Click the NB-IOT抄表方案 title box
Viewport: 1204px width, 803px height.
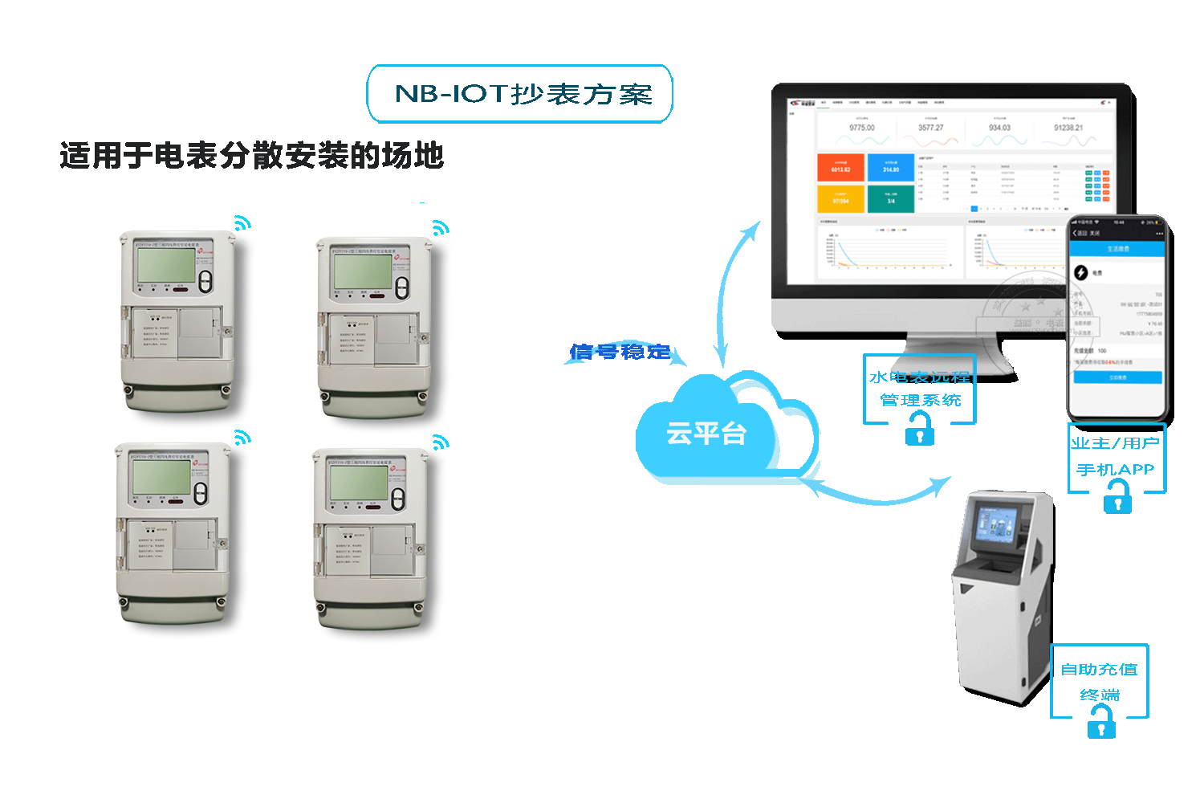coord(520,94)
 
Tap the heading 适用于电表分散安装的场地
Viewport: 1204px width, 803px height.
coord(251,155)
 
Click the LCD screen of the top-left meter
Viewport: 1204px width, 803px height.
coord(166,264)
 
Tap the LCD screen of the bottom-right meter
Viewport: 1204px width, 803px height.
coord(359,481)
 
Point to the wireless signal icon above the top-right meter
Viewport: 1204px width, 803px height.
coord(439,228)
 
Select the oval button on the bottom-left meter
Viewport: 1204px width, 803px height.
coord(201,493)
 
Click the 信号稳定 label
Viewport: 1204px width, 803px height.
coord(620,352)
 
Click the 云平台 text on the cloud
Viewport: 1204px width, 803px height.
coord(706,434)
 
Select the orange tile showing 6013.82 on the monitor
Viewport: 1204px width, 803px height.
coord(840,167)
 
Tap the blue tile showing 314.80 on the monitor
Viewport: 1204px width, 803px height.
coord(891,167)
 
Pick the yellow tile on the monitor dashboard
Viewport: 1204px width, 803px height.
coord(840,198)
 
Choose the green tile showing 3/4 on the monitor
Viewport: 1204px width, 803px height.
coord(891,198)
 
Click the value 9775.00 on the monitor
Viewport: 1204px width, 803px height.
coord(862,128)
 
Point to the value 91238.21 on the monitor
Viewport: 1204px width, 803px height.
coord(1068,128)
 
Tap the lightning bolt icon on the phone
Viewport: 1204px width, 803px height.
coord(1081,273)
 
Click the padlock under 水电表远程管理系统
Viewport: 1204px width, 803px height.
coord(920,433)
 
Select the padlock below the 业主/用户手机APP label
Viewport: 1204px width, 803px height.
coord(1117,502)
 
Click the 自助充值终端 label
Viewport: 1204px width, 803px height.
coord(1100,681)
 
